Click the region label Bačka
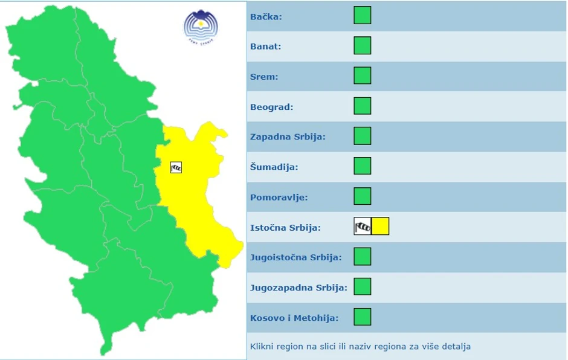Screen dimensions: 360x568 pos(266,16)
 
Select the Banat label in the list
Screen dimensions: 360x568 pos(266,47)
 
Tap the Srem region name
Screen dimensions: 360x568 pos(263,77)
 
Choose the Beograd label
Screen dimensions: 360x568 pos(271,107)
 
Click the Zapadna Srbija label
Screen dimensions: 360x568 pos(288,137)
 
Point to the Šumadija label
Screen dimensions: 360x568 pos(274,167)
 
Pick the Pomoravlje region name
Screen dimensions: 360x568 pos(279,198)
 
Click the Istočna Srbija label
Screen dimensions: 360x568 pos(285,228)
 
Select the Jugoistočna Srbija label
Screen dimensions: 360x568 pos(295,258)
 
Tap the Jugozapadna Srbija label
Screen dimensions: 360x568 pos(299,288)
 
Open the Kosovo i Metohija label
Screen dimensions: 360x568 pos(294,318)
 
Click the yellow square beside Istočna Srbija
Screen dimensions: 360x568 pos(380,227)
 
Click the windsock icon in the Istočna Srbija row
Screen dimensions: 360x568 pos(363,227)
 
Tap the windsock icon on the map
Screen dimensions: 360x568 pos(176,167)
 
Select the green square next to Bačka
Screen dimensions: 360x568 pos(363,15)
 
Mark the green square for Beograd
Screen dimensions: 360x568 pos(363,106)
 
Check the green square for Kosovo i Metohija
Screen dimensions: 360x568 pos(363,317)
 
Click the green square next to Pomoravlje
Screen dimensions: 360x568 pos(363,196)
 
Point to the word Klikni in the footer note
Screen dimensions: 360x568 pos(261,347)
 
